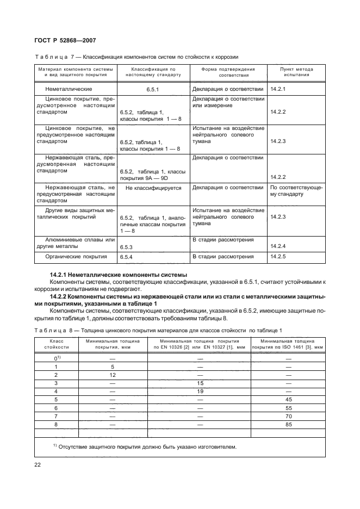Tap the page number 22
38,464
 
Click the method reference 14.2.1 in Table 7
278,89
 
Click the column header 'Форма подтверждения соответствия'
228,72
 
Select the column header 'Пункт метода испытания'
296,72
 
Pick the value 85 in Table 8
288,425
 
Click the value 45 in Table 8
288,399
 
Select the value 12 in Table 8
113,375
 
